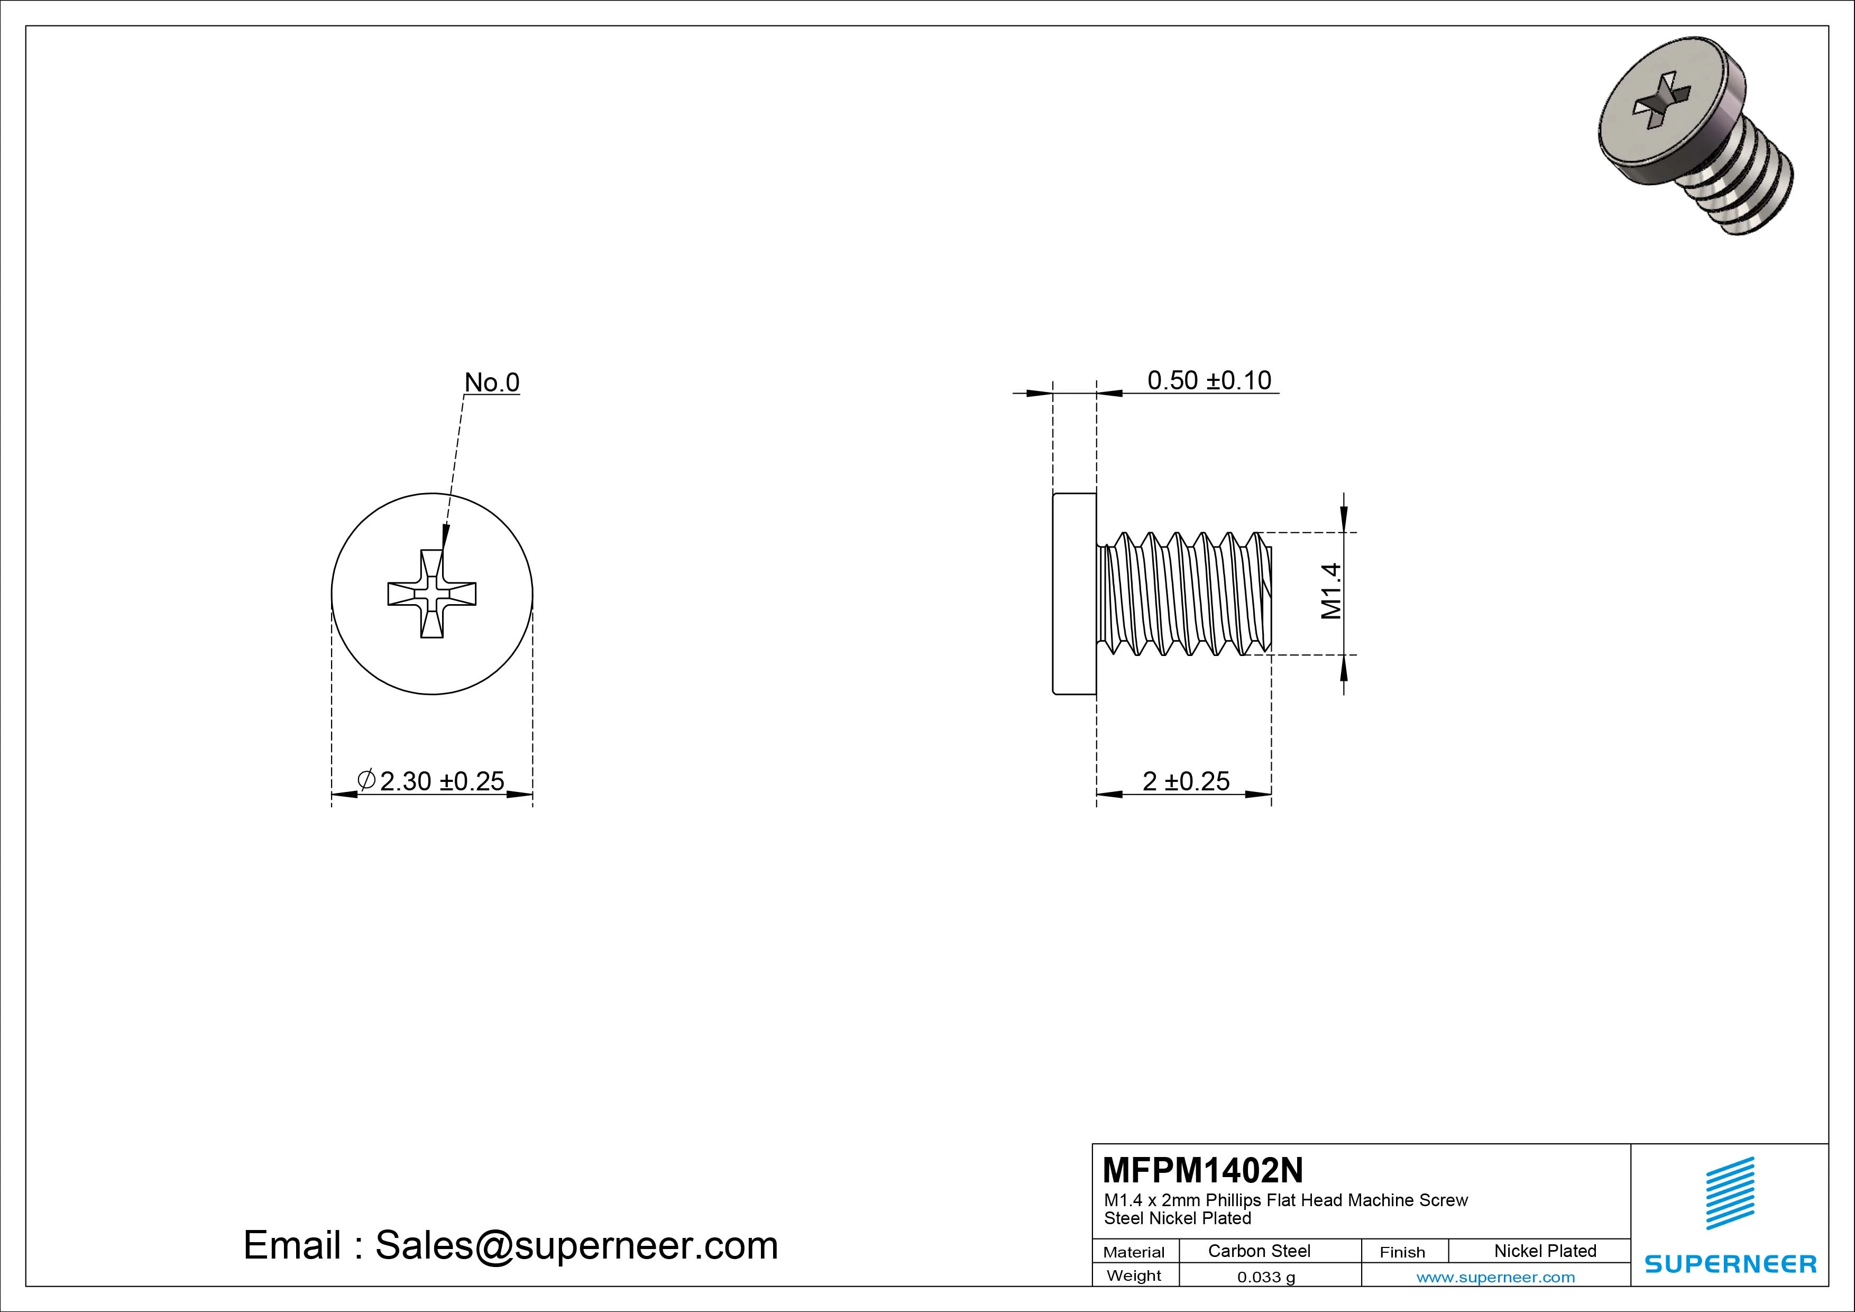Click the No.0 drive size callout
point(491,382)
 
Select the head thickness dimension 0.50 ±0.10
point(1209,380)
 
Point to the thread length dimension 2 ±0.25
point(1185,781)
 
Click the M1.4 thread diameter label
point(1330,591)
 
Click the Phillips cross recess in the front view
point(432,594)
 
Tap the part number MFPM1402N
point(1202,1170)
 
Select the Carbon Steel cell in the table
point(1259,1251)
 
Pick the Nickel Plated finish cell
point(1545,1251)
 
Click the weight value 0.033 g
point(1266,1277)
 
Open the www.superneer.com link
point(1495,1277)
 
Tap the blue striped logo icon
point(1730,1192)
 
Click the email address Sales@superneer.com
point(576,1245)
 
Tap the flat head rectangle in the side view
point(1075,594)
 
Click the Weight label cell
point(1134,1275)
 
